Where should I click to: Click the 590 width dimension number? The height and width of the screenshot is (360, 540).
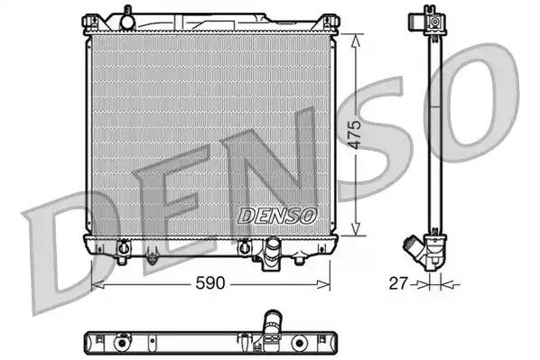212,283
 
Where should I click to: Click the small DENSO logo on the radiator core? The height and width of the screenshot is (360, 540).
277,215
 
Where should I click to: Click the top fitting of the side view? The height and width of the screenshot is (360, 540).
434,20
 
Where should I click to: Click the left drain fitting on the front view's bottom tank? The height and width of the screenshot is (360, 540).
124,245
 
